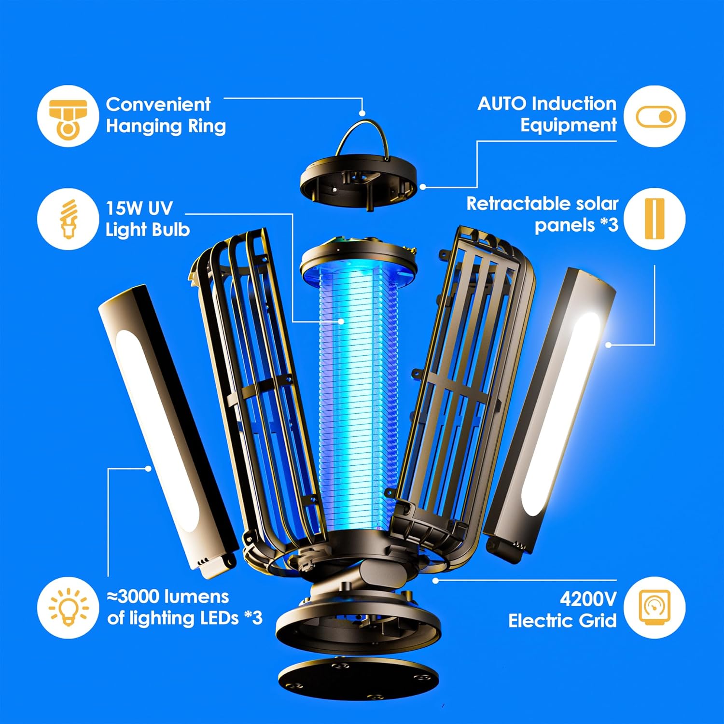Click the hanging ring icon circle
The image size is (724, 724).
click(x=68, y=116)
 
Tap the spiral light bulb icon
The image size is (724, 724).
click(x=68, y=219)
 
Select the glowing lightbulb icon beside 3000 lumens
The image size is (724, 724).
click(x=68, y=607)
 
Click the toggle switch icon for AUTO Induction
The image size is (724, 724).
click(x=654, y=116)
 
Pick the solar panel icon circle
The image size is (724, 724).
click(x=654, y=219)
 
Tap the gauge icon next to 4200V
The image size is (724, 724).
click(x=654, y=607)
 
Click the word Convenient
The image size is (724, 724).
click(x=158, y=104)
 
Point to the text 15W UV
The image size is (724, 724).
click(x=139, y=208)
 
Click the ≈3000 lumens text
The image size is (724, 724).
click(x=167, y=597)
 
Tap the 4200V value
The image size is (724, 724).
click(x=588, y=599)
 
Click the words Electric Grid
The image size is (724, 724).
click(x=562, y=621)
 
